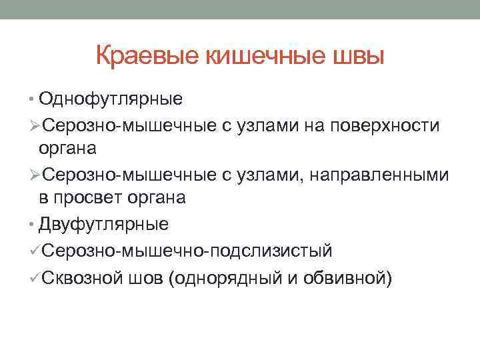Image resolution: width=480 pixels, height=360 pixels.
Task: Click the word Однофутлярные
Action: point(111,99)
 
